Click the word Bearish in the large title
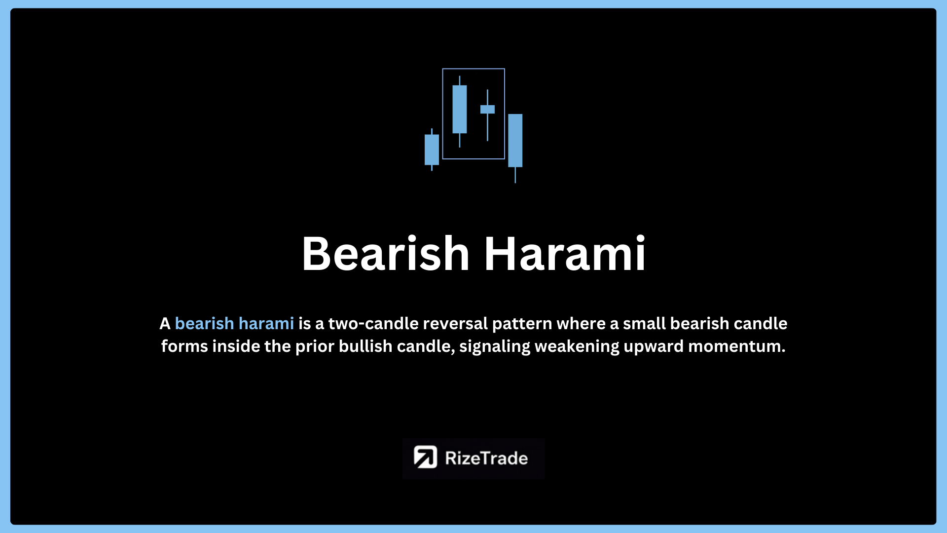click(386, 254)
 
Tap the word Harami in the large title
click(565, 254)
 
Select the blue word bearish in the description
click(204, 324)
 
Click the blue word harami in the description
click(266, 324)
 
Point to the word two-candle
click(373, 324)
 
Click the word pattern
click(522, 324)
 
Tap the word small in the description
click(644, 324)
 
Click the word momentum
click(736, 346)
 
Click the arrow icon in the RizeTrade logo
click(425, 457)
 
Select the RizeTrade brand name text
click(486, 458)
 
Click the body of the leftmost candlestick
click(432, 150)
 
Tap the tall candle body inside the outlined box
click(460, 109)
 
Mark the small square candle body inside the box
click(487, 109)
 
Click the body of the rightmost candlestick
click(515, 141)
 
